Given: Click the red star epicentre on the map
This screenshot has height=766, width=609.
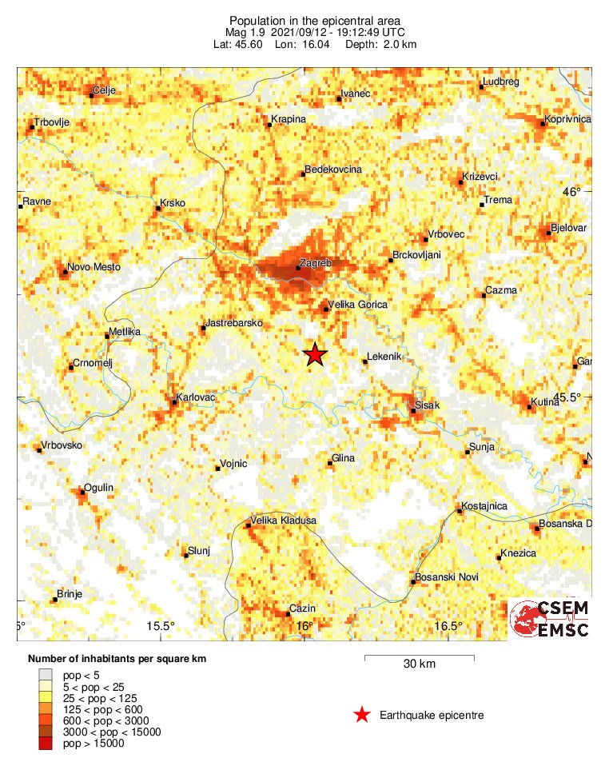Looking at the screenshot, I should click(x=316, y=354).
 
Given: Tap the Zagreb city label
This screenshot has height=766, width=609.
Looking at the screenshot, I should click(x=314, y=262).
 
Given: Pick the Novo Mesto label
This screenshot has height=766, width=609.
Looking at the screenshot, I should click(x=94, y=266).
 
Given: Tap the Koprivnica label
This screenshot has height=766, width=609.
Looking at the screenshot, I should click(x=567, y=119).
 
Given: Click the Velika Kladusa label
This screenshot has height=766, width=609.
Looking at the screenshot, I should click(x=284, y=521).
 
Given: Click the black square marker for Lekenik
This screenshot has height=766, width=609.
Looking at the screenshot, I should click(x=365, y=362).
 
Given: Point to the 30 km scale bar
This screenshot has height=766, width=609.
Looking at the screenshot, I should click(x=419, y=658).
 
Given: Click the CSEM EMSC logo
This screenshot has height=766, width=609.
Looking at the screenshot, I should click(x=551, y=620).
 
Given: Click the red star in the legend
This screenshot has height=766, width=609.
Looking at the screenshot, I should click(x=362, y=715).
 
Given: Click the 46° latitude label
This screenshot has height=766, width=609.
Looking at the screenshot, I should click(x=572, y=191).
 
